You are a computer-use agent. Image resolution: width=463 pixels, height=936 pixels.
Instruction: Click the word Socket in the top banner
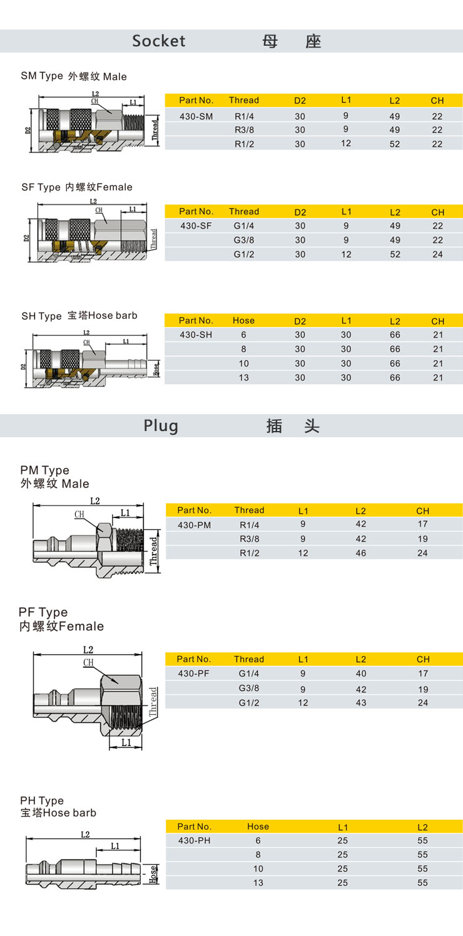click(158, 41)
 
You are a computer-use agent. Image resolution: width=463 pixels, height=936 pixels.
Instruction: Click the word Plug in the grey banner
click(161, 426)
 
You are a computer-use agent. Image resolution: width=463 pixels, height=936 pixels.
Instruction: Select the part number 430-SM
click(196, 117)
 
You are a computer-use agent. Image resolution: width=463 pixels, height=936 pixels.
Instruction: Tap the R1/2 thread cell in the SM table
click(244, 144)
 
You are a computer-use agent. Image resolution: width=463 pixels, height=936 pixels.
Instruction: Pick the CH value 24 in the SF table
click(437, 254)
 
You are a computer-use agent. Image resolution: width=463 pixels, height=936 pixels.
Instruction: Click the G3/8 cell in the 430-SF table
click(244, 241)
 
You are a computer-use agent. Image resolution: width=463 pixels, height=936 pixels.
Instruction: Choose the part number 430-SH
click(196, 335)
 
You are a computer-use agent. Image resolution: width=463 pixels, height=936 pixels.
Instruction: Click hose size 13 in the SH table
click(243, 378)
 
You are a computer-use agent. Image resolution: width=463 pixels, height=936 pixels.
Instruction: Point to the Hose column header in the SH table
click(243, 321)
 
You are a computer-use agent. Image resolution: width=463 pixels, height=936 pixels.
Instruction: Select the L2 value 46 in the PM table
click(361, 553)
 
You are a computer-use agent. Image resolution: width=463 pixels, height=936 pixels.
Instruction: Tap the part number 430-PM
click(195, 525)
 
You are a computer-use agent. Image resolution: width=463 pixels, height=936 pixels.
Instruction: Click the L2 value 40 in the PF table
click(361, 673)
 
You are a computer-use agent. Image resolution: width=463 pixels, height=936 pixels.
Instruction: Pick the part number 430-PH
click(195, 840)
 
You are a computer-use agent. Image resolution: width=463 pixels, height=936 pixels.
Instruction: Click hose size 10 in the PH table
click(258, 869)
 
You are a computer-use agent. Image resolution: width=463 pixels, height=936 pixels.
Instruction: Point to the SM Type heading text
click(42, 76)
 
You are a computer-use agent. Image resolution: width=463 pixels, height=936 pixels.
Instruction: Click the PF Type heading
click(43, 612)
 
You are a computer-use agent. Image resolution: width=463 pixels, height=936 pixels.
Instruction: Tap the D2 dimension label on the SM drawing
click(28, 130)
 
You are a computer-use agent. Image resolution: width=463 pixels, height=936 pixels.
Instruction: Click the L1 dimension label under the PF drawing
click(126, 742)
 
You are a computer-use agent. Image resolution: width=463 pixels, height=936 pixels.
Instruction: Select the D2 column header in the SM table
click(300, 101)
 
